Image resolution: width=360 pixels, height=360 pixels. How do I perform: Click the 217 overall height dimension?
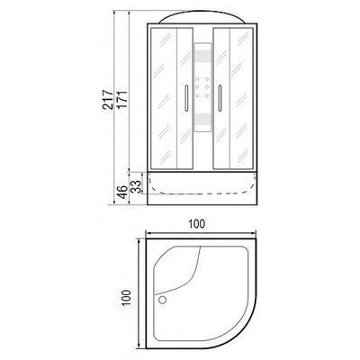coord(108,99)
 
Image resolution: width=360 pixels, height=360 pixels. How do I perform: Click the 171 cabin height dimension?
coord(123,99)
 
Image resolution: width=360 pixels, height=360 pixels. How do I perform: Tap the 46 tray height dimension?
coord(121,191)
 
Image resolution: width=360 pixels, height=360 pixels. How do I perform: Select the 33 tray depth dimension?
coord(136,186)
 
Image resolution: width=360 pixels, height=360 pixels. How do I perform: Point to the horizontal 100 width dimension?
coord(196,224)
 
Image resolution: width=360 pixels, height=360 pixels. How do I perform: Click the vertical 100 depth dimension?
coord(127,298)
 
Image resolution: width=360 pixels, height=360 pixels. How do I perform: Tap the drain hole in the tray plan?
coord(162,300)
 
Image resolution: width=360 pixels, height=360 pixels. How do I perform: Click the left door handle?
coord(186,98)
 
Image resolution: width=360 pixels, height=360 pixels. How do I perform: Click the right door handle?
coord(220,98)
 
